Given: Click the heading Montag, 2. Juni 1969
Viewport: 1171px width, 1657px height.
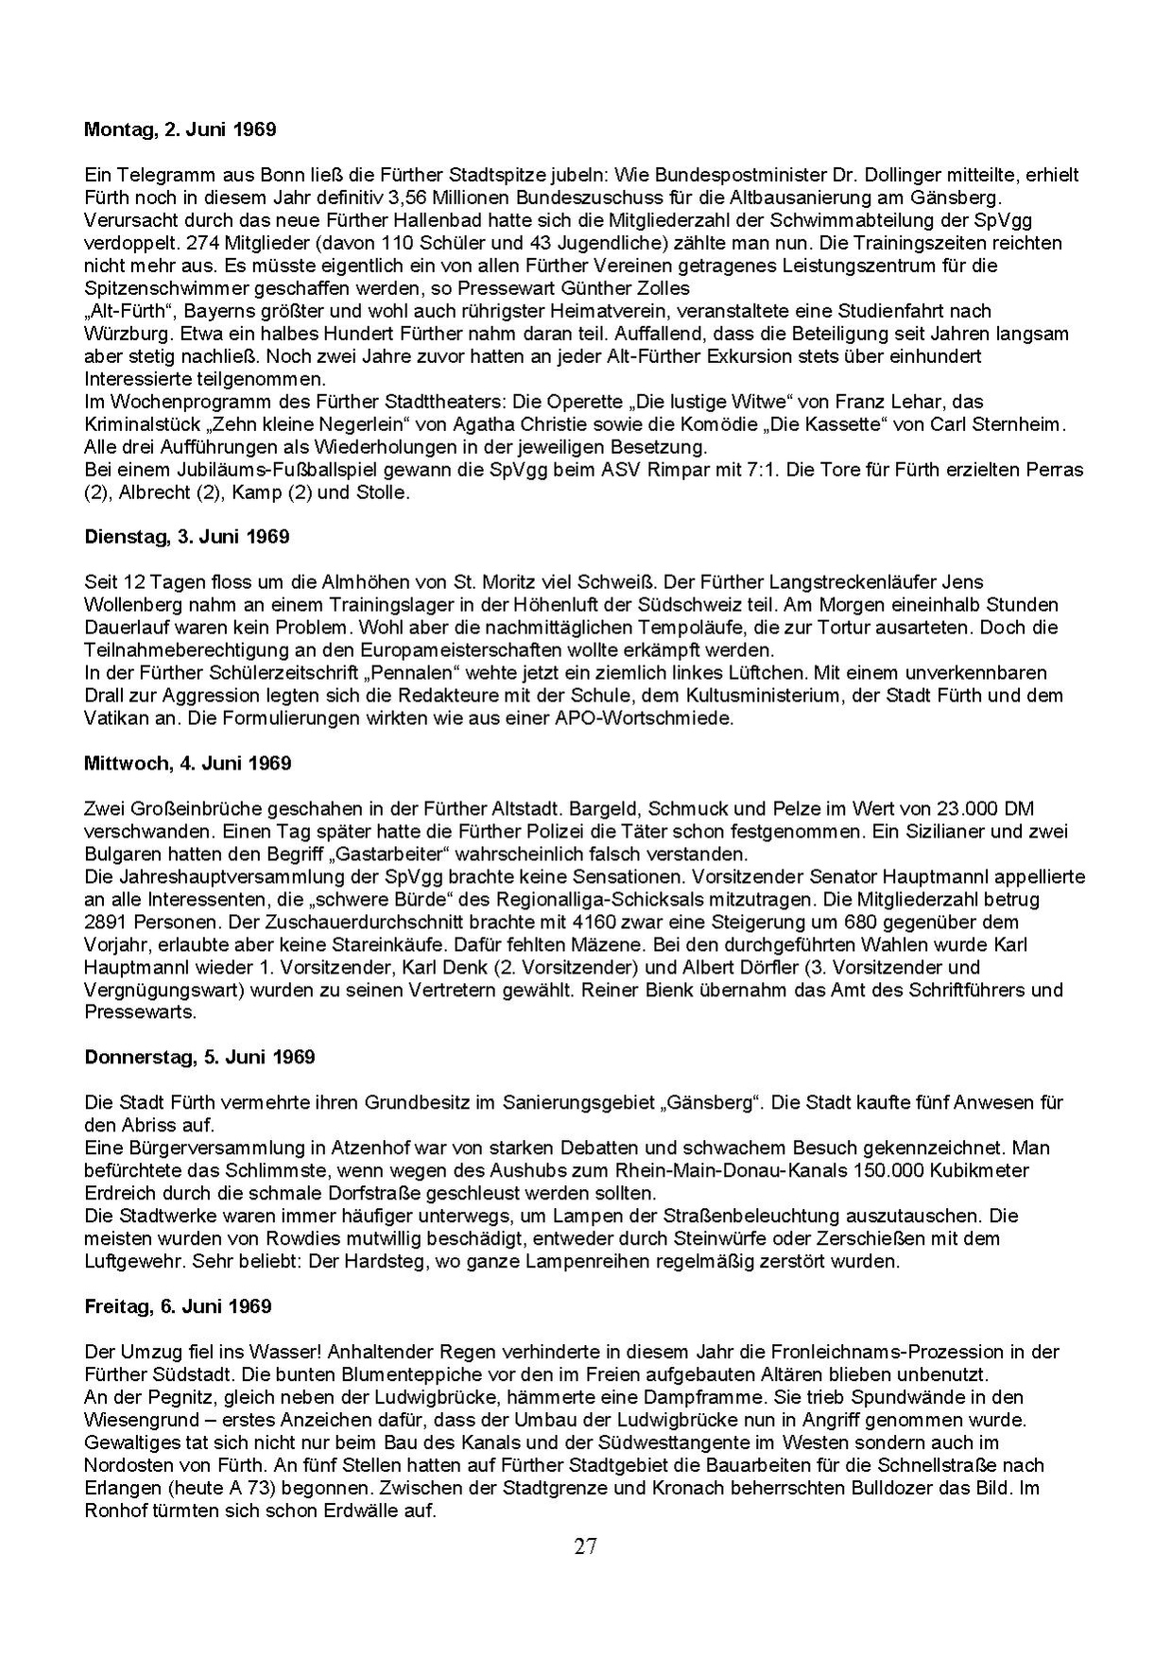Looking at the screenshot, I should [180, 129].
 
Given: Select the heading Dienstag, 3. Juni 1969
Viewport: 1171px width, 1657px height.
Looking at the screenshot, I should [186, 537].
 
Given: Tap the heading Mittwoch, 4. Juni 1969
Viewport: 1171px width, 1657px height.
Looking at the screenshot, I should [187, 763].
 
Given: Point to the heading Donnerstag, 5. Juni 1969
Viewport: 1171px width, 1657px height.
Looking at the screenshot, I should [199, 1057].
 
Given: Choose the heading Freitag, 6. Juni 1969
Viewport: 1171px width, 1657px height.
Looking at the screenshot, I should [178, 1306].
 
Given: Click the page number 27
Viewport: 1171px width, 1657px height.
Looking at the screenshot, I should [585, 1547].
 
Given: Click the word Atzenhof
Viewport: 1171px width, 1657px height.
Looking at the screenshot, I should [367, 1148].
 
